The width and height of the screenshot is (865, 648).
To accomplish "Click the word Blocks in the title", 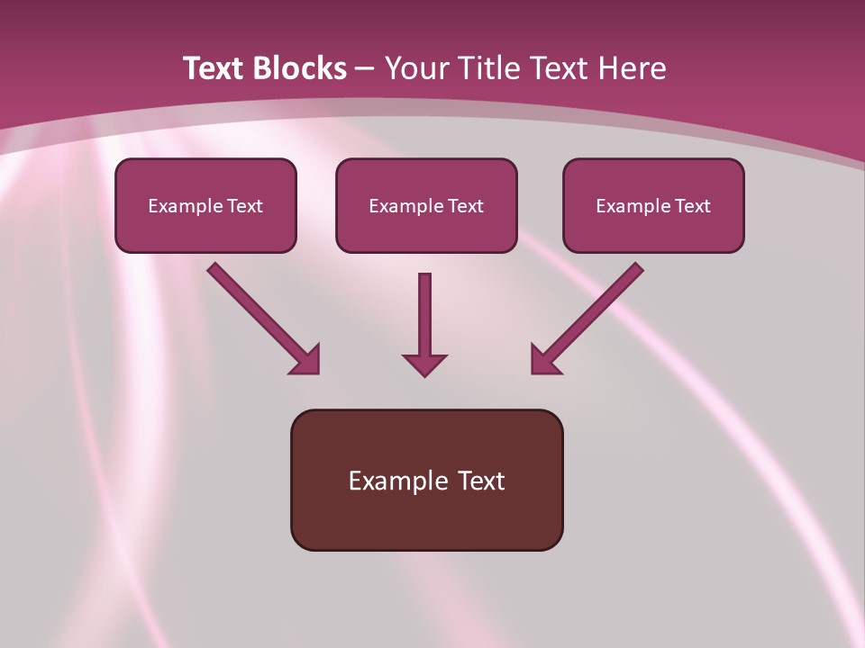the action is point(300,67).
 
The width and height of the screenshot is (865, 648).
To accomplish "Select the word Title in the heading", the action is point(488,67).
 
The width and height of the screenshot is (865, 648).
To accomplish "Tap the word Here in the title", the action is point(633,67).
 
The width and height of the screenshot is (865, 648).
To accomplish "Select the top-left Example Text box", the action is point(205,205).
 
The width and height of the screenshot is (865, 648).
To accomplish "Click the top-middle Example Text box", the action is point(426,205).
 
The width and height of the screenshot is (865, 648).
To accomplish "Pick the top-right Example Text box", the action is point(654,205).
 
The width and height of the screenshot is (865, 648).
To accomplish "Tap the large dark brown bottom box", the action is point(427,480).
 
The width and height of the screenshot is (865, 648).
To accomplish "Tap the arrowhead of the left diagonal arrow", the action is point(305,360).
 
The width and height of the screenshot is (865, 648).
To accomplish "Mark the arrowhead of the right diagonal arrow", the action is point(546,360).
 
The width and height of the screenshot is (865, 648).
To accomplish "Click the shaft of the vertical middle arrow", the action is point(424,313).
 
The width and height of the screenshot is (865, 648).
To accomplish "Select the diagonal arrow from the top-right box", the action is point(587,319).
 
